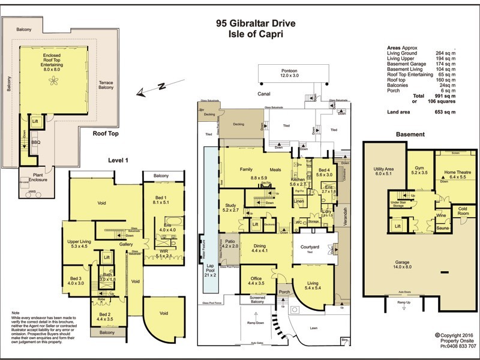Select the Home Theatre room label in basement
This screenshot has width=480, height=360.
tap(458, 175)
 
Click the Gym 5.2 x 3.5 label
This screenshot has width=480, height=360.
tap(419, 170)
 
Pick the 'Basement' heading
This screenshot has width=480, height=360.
tap(410, 134)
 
